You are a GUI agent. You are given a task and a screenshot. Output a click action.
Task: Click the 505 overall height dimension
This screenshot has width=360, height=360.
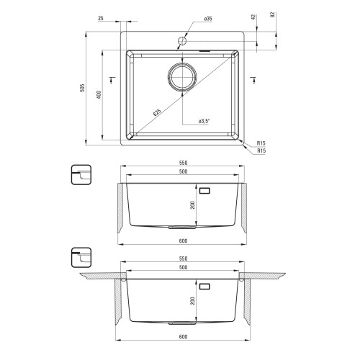(82, 88)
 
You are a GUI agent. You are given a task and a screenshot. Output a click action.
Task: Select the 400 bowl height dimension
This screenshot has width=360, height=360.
(99, 94)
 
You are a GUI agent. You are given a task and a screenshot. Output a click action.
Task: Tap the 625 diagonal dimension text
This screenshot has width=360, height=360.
(157, 112)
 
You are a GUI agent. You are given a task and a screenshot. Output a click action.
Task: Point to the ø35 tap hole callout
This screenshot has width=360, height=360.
(208, 19)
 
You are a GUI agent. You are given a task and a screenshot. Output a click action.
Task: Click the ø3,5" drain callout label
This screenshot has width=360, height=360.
(204, 121)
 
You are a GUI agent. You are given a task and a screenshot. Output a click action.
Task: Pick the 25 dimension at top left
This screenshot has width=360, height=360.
(101, 18)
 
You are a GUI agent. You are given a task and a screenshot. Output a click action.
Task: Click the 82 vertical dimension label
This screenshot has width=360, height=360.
(272, 14)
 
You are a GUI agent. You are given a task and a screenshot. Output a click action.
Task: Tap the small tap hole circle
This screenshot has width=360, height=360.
(182, 41)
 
